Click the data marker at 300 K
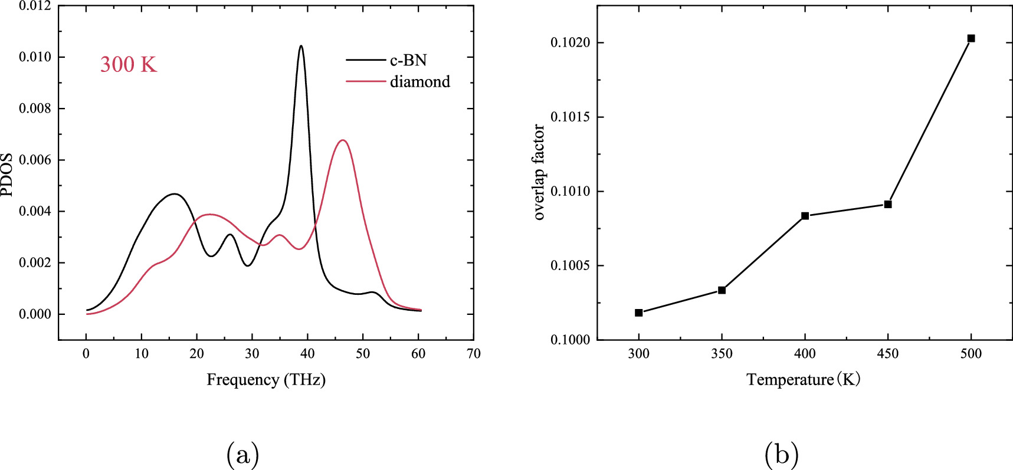tap(638, 313)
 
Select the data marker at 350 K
tap(722, 290)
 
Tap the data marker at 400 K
tap(805, 216)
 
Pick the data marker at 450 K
tap(888, 204)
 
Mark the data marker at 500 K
tap(971, 38)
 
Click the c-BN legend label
tap(408, 60)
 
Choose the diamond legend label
tap(419, 81)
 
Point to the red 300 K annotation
tap(128, 64)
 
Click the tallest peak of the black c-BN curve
tap(301, 46)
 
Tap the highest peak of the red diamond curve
tap(343, 140)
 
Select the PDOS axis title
tap(7, 175)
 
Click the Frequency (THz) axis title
tap(265, 379)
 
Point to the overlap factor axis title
tap(539, 172)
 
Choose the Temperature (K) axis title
tap(803, 379)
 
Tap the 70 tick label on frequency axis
tap(473, 354)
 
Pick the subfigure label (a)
tap(242, 455)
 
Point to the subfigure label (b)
tap(781, 455)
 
